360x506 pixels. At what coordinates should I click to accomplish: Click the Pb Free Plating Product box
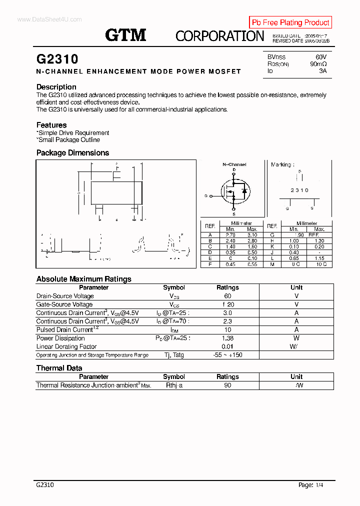click(x=290, y=22)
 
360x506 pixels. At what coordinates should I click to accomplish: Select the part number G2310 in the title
click(x=57, y=59)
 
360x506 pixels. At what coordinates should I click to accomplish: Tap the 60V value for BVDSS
click(x=320, y=57)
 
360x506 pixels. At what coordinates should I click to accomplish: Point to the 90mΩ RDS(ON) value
click(x=318, y=64)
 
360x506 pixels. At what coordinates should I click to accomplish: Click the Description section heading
click(x=56, y=87)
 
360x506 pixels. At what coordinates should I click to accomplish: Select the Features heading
click(x=51, y=125)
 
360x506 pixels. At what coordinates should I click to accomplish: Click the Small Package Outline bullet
click(x=68, y=140)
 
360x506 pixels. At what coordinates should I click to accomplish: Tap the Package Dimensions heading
click(x=72, y=153)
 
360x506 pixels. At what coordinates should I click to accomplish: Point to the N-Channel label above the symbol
click(x=234, y=164)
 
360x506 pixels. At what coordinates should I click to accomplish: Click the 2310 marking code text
click(x=299, y=190)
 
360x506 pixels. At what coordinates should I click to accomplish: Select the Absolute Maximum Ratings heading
click(x=83, y=279)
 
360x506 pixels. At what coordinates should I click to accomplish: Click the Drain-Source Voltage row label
click(x=65, y=296)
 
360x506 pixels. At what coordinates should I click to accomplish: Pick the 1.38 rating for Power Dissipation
click(x=227, y=338)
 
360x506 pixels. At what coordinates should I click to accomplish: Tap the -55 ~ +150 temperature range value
click(x=227, y=355)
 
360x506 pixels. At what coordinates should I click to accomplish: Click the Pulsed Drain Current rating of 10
click(x=227, y=329)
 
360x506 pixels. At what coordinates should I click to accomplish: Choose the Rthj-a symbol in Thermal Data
click(x=174, y=385)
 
